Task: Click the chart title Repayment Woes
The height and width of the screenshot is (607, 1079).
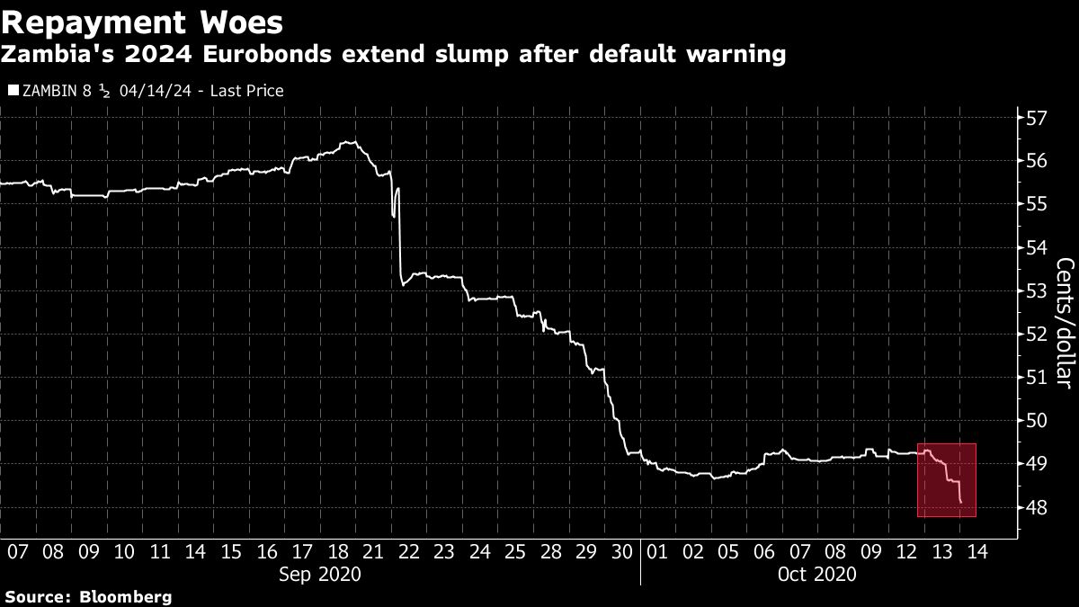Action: [x=142, y=22]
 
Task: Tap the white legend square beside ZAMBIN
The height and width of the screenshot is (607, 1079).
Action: [x=12, y=91]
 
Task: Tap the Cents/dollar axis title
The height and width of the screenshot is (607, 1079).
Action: [x=1065, y=323]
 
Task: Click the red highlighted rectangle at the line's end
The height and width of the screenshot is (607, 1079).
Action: [x=946, y=480]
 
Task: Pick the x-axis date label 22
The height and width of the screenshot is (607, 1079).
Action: [x=408, y=551]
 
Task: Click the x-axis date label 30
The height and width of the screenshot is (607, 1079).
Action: [x=621, y=551]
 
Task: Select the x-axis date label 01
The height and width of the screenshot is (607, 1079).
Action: [x=657, y=551]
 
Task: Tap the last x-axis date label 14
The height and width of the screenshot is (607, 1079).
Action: [x=976, y=551]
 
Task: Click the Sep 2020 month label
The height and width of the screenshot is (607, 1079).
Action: [x=320, y=573]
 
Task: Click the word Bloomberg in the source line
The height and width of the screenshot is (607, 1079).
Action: [x=126, y=597]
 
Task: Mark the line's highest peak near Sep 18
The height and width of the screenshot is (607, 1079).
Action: [x=349, y=142]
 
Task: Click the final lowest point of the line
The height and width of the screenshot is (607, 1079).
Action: [x=961, y=502]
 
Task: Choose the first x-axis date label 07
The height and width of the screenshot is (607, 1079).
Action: [x=17, y=551]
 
